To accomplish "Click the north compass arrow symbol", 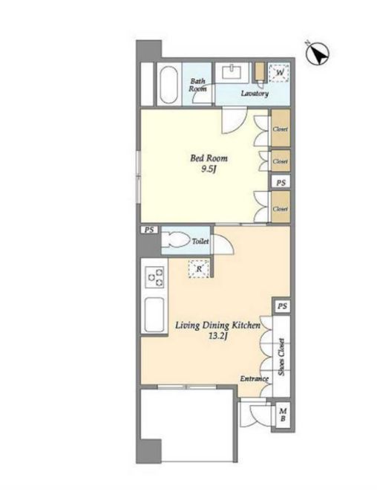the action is [318, 54].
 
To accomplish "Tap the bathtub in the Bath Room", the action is [168, 84].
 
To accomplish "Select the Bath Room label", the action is [197, 85].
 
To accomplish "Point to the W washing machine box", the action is [279, 73].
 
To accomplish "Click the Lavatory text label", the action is [255, 94].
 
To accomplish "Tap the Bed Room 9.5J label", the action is [209, 164].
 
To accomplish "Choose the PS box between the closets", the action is [281, 183].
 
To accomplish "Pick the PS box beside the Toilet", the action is [149, 230].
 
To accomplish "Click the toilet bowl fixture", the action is [175, 240].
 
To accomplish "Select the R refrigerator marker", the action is [199, 269].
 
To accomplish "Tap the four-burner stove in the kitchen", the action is [154, 277].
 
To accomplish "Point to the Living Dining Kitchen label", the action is [218, 326].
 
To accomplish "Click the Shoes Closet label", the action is [281, 357].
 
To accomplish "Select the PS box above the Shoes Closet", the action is [283, 306].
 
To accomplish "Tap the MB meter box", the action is [283, 415].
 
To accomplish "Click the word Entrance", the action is [254, 379].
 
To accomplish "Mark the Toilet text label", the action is [200, 242].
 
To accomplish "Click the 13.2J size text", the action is [218, 336].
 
